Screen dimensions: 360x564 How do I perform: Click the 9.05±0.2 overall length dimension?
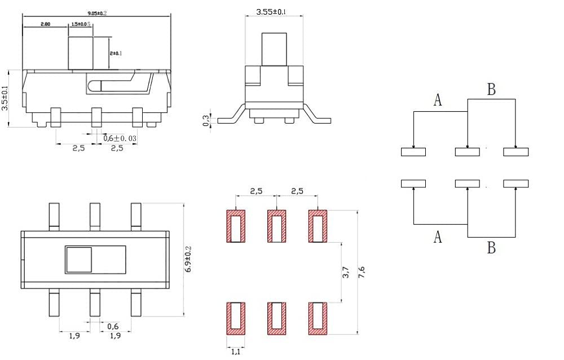pos(96,11)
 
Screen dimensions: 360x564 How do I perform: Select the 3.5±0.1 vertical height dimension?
pos(5,98)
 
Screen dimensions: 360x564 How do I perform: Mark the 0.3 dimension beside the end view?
pos(206,121)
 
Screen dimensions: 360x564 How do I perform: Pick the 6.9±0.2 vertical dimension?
pos(188,260)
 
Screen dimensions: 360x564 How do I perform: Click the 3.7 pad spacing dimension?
pos(346,273)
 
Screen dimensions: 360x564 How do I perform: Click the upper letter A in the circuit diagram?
pos(438,100)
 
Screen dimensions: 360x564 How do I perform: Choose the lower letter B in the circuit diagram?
pos(491,247)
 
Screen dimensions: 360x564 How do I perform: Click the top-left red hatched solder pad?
pos(236,226)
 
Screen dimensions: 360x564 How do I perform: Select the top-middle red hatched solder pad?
pos(276,226)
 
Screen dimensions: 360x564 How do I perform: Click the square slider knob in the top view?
pos(79,260)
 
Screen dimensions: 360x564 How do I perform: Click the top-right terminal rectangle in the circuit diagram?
pos(516,152)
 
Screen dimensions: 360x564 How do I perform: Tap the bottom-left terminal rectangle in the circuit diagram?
pos(413,183)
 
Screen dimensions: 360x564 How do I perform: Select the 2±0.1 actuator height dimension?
pos(116,53)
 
